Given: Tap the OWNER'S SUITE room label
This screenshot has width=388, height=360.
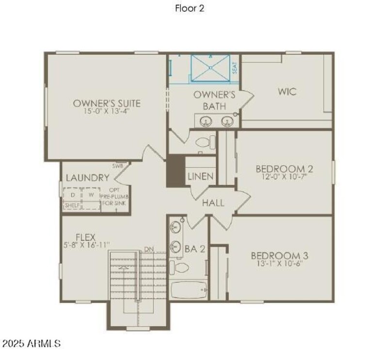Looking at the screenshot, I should pyautogui.click(x=107, y=103).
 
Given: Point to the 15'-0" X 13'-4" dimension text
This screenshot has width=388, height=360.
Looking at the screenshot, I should pyautogui.click(x=107, y=111).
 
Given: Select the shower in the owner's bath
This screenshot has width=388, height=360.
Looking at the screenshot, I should pyautogui.click(x=210, y=68).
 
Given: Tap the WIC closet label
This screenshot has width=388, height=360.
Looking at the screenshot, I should pyautogui.click(x=287, y=92).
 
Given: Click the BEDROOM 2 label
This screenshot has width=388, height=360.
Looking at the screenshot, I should pyautogui.click(x=284, y=169).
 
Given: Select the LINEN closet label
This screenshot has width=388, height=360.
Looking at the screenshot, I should pyautogui.click(x=200, y=176).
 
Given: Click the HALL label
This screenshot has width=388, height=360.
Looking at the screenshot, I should pyautogui.click(x=213, y=203).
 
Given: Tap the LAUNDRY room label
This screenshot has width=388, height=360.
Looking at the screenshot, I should pyautogui.click(x=87, y=178).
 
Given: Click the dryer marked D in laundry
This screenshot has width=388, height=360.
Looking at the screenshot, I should pyautogui.click(x=73, y=195).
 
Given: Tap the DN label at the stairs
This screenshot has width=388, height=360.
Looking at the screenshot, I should pyautogui.click(x=149, y=250).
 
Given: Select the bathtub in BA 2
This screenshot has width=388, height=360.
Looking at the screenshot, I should pyautogui.click(x=190, y=290).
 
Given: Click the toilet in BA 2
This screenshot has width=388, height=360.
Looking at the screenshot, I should pyautogui.click(x=179, y=267).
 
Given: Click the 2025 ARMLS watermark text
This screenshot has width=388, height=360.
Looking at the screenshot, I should pyautogui.click(x=31, y=344).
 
